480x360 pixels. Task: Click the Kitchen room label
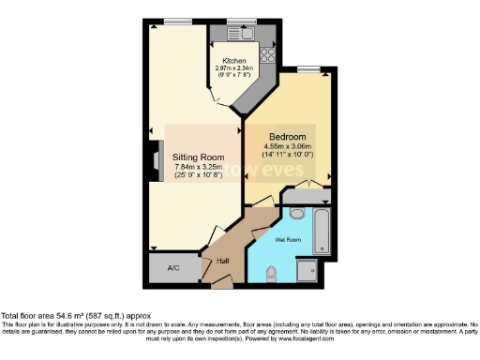click(x=233, y=60)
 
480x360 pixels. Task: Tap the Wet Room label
click(x=287, y=239)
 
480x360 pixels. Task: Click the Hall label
click(x=223, y=262)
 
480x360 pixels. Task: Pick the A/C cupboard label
click(x=173, y=268)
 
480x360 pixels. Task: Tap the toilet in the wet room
click(x=272, y=273)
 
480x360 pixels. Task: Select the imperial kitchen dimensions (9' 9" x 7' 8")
click(x=233, y=75)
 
